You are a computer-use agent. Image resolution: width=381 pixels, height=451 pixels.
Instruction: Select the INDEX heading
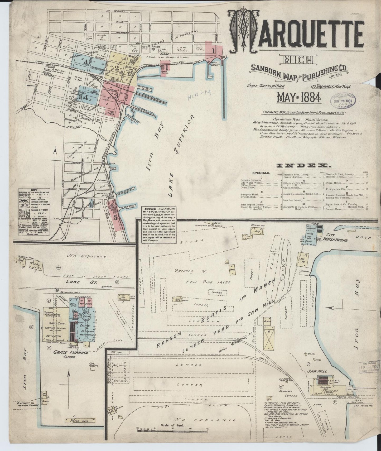click(x=303, y=166)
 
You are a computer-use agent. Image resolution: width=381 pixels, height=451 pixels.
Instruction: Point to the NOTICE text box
click(x=159, y=224)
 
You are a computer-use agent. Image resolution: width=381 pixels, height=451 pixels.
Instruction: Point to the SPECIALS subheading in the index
click(x=261, y=173)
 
